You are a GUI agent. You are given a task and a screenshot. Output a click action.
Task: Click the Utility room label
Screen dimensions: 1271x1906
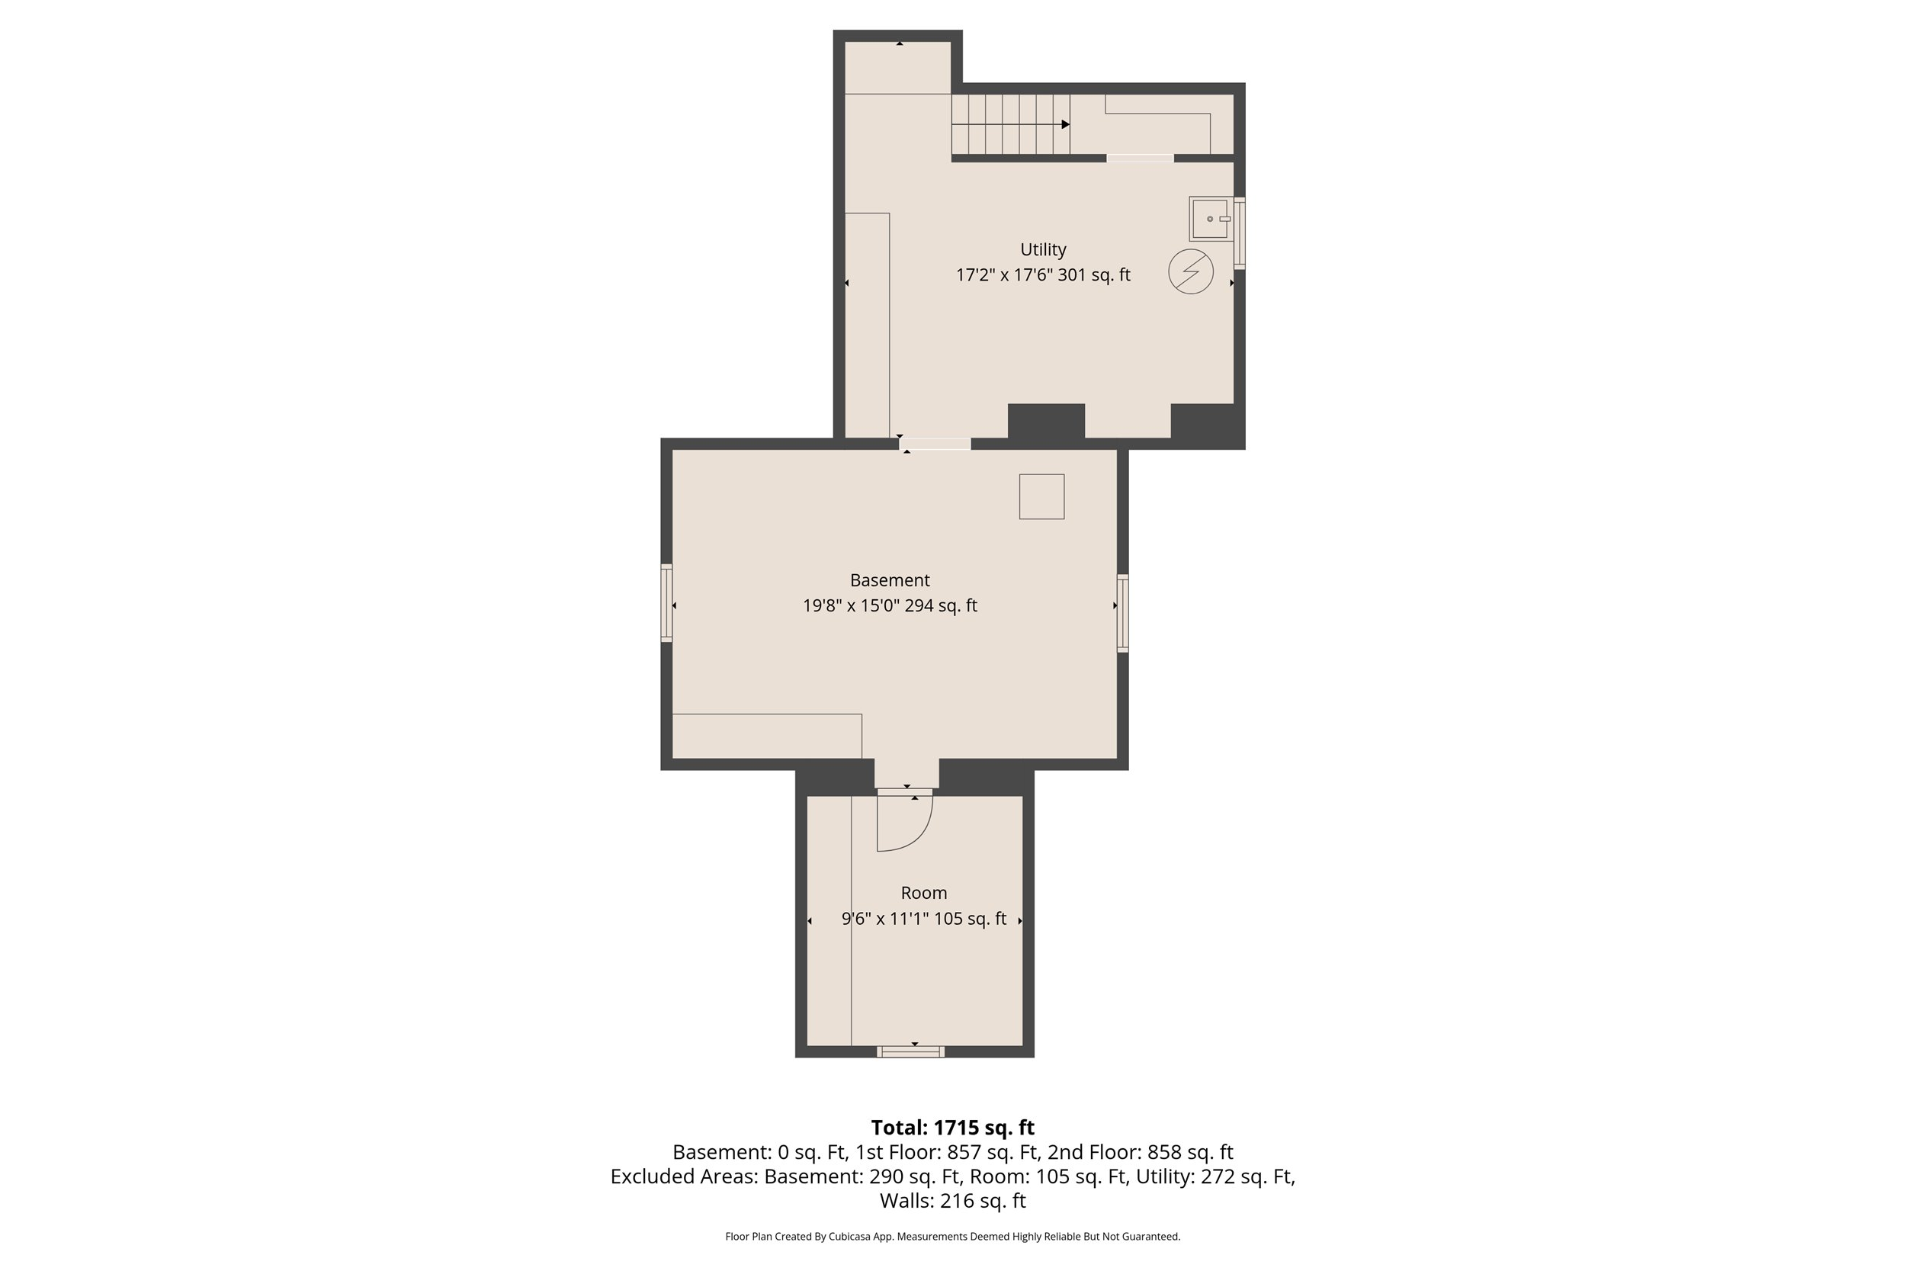(1042, 249)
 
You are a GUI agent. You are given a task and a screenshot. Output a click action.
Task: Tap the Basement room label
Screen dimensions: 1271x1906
(889, 580)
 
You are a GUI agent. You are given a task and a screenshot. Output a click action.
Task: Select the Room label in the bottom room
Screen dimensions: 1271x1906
(923, 894)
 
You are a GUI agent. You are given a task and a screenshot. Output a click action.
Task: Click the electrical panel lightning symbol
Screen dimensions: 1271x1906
(1190, 271)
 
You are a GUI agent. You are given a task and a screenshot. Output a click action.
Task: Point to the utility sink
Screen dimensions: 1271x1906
(1209, 219)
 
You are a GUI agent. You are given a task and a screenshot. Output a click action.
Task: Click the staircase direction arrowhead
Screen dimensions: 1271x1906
(1066, 124)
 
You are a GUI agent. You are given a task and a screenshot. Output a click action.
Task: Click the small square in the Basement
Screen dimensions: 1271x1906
(1041, 496)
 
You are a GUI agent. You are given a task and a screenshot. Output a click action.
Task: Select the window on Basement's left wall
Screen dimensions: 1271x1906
(666, 603)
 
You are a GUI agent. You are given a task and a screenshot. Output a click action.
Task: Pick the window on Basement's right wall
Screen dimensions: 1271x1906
(1122, 613)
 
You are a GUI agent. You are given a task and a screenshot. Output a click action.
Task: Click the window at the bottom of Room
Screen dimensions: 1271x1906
(911, 1051)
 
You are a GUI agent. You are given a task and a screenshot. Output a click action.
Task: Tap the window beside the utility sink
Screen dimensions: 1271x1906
(1239, 233)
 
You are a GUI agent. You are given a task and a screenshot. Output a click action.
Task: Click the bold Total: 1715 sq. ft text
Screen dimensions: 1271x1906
(952, 1128)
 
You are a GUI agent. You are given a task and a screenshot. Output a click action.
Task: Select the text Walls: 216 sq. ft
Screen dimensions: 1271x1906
(952, 1202)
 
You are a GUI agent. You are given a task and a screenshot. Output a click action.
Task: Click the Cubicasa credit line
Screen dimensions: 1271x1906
(952, 1237)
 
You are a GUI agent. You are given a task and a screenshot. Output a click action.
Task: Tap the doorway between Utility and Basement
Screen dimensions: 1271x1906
(935, 444)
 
